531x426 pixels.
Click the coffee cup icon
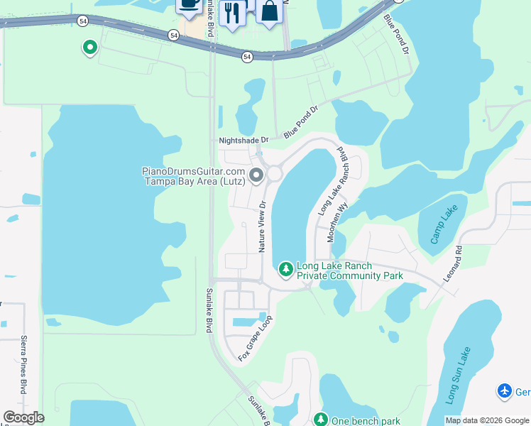(189, 4)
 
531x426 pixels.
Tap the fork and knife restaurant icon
(232, 13)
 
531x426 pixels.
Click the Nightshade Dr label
(244, 141)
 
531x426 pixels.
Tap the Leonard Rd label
(453, 264)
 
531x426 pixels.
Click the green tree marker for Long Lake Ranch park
(285, 269)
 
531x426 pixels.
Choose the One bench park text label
(361, 421)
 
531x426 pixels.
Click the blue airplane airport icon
(505, 390)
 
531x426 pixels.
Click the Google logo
(23, 417)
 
